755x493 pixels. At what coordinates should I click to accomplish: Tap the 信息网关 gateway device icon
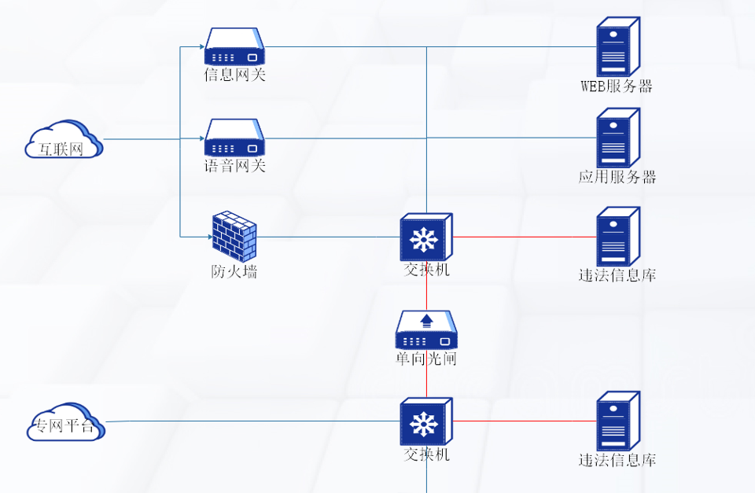(x=234, y=47)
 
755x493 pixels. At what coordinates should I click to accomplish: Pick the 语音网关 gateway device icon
(x=234, y=138)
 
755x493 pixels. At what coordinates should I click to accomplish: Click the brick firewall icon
(x=234, y=236)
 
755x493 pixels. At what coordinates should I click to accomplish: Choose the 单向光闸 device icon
(x=425, y=330)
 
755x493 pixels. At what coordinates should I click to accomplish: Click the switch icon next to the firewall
(x=425, y=237)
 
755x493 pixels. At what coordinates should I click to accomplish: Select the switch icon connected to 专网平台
(x=425, y=421)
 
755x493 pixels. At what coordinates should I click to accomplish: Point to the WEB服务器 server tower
(x=617, y=47)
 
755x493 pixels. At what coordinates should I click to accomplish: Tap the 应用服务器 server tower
(x=617, y=138)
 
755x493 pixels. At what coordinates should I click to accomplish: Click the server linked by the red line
(x=617, y=237)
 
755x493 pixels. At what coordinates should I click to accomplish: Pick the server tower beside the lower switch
(x=617, y=421)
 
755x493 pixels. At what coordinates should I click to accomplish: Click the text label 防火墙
(x=234, y=273)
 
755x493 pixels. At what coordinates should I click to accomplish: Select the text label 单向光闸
(x=425, y=359)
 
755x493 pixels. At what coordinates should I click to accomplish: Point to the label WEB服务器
(x=617, y=86)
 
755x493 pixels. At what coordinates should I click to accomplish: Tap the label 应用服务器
(x=617, y=177)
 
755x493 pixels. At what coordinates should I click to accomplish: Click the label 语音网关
(x=234, y=166)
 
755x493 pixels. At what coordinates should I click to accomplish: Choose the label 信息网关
(x=234, y=75)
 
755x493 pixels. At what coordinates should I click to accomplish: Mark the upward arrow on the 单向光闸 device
(x=426, y=320)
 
